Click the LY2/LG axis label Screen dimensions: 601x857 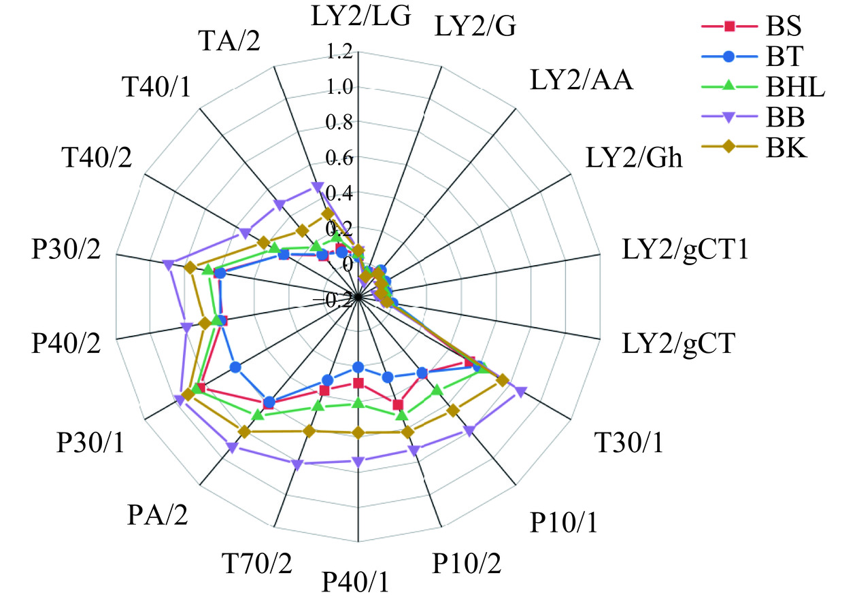point(361,14)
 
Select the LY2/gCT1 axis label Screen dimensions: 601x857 point(686,250)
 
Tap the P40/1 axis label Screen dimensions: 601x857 point(356,582)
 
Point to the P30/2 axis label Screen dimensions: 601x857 point(66,250)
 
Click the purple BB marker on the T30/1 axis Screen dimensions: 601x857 point(520,391)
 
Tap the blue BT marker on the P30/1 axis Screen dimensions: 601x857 point(235,368)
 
